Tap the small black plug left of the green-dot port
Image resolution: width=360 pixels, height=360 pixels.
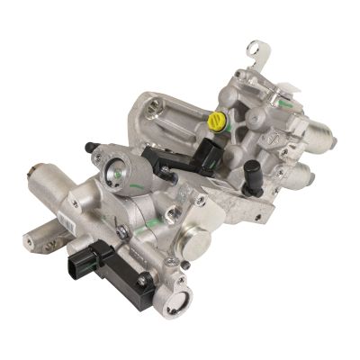point(90,147)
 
